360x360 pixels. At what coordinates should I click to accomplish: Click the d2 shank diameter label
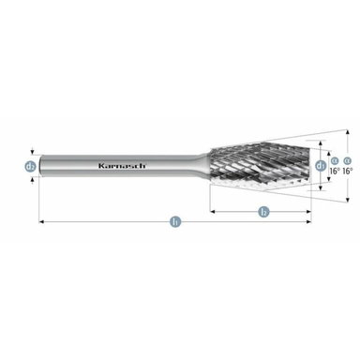tap(31, 166)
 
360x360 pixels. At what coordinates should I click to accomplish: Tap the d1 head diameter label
tap(322, 166)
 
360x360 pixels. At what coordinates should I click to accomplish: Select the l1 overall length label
tap(175, 222)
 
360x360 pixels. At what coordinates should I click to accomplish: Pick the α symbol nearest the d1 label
tap(334, 160)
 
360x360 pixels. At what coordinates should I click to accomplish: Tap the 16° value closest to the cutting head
tap(335, 172)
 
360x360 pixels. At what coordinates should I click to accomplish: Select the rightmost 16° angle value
tap(348, 172)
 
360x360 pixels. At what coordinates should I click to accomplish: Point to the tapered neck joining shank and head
tap(204, 166)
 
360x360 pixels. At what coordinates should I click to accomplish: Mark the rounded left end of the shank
tap(40, 166)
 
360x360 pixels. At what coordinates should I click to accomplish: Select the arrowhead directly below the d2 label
tap(31, 177)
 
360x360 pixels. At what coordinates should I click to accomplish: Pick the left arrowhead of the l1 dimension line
tap(42, 222)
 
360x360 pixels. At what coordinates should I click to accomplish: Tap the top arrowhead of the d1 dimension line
tap(322, 154)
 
